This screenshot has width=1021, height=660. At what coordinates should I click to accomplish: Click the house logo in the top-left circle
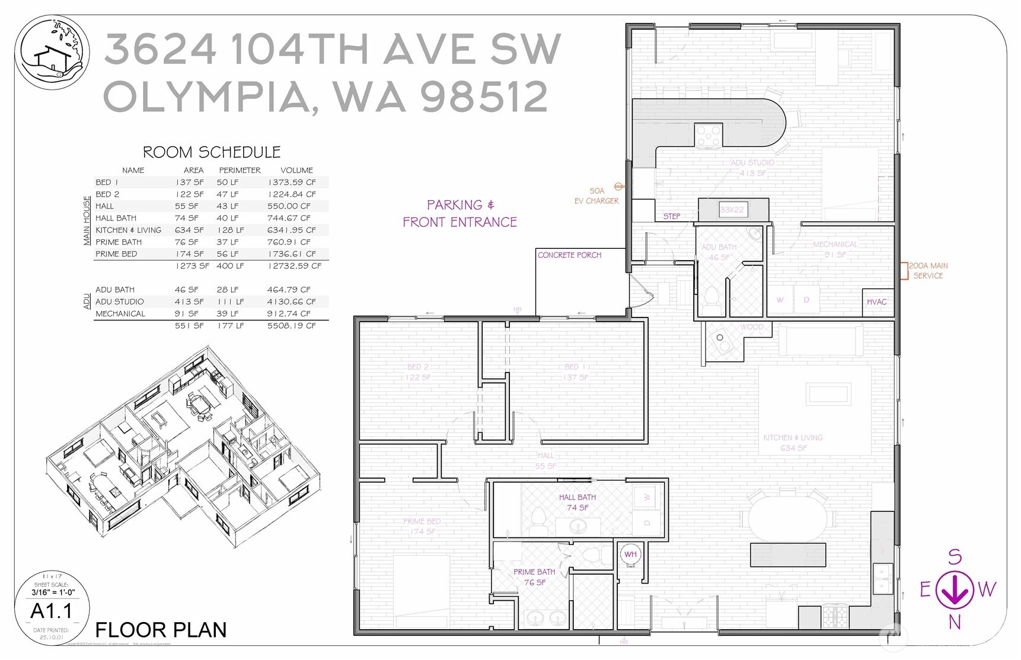coord(52,53)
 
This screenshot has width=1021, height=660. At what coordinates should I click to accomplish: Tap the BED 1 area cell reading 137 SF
coord(189,182)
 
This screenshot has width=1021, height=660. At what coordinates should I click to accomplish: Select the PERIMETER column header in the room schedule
coord(240,170)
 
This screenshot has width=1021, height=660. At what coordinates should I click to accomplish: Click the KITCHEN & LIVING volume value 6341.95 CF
coord(291,230)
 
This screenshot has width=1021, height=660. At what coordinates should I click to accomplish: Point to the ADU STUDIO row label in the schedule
coord(120,302)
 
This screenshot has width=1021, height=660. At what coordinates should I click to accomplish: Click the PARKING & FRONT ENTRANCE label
coord(460,213)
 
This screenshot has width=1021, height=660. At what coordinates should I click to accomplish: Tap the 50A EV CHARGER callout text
coord(596,196)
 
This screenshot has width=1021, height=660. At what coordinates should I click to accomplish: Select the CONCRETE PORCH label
coord(569,255)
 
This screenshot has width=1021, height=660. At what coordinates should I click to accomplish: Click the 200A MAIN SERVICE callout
coord(928,271)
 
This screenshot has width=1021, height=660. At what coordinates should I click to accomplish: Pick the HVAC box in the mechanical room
coord(876,302)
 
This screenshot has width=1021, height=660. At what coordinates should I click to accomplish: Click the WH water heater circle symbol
coord(630,555)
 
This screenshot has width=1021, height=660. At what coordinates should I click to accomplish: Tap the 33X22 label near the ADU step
coord(732,210)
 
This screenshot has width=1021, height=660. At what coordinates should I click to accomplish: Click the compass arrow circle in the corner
coord(954,589)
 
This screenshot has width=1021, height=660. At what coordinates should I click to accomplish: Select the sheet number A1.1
coord(52,611)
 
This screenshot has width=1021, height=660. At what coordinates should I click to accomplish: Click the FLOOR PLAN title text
coord(161,630)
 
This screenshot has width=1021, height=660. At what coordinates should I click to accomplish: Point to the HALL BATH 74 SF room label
coord(577,502)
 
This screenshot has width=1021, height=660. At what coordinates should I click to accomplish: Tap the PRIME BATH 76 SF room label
coord(534,577)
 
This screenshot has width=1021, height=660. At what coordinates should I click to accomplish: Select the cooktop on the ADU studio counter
coord(708,136)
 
